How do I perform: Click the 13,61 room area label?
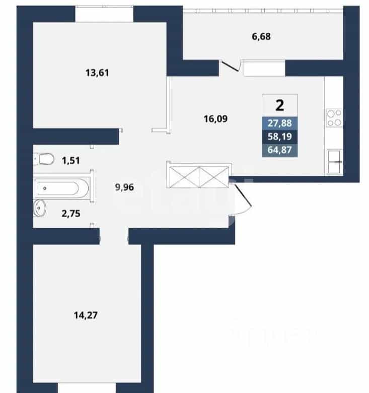97,73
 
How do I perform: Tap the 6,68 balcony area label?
261,37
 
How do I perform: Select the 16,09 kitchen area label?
215,119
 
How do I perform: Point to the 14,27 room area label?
86,315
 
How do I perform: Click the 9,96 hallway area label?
124,187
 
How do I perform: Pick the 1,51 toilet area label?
71,160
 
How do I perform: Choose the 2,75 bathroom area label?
71,214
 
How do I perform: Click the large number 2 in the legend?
279,105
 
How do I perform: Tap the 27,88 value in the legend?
279,123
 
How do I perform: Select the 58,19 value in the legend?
279,137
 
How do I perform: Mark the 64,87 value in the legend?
279,150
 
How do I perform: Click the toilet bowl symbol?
44,159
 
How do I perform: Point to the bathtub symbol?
62,188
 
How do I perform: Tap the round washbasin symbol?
40,208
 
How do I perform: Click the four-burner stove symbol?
334,118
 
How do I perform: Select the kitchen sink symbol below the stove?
334,162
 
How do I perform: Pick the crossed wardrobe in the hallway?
199,177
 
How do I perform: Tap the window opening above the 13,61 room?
104,14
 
